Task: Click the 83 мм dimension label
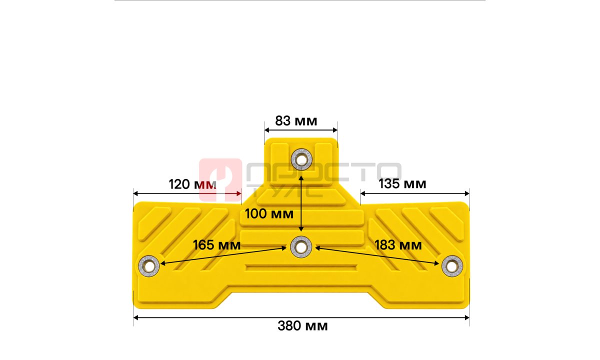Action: click(x=296, y=121)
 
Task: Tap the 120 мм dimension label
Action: click(x=192, y=184)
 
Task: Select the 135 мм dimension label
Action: click(x=402, y=184)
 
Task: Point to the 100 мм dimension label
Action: click(x=269, y=214)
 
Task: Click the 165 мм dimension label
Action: click(x=216, y=245)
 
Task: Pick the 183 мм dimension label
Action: click(x=398, y=245)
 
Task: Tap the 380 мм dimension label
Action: click(x=302, y=326)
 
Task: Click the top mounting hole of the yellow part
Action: click(x=301, y=159)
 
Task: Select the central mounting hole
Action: click(x=301, y=247)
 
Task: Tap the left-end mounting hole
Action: click(x=149, y=266)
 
